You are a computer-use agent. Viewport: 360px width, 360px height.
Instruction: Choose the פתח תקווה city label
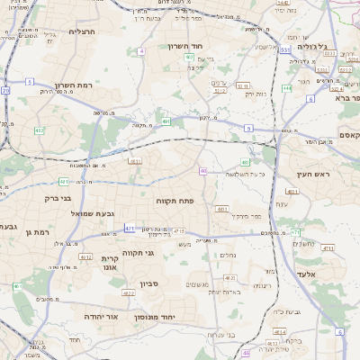coord(175,200)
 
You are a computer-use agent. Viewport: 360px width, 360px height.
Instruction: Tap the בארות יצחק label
coord(226,292)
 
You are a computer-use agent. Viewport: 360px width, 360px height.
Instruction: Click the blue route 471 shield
coord(130,229)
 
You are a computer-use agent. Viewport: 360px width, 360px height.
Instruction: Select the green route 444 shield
coord(286,88)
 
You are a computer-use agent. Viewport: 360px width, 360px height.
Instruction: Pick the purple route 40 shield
coord(204,171)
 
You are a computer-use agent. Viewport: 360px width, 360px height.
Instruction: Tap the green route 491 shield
coord(166,121)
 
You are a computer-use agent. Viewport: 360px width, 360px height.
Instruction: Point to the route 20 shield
coord(5,91)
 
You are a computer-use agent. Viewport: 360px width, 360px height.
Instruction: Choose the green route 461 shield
coord(64,181)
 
